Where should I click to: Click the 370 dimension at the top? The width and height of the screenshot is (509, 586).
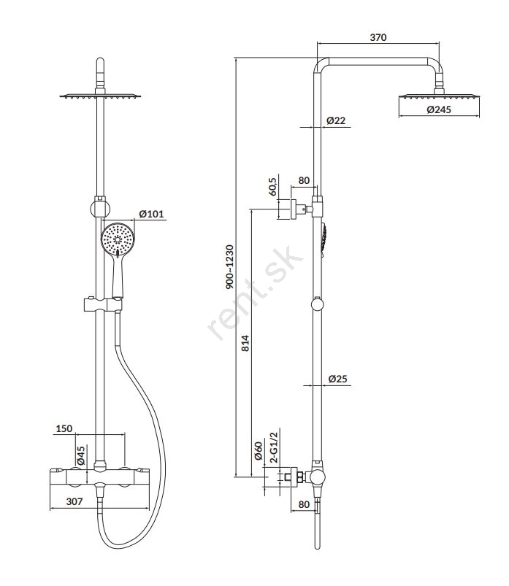coord(378,37)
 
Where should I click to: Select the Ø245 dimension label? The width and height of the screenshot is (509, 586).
coord(440,110)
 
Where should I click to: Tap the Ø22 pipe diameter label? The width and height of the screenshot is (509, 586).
coord(336,120)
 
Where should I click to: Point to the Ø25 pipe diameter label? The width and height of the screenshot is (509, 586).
coord(337,379)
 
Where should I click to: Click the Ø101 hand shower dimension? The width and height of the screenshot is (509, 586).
coord(152,214)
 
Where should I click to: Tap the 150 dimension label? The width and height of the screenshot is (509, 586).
coord(64,429)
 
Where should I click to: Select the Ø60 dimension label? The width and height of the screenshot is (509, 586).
coord(258,451)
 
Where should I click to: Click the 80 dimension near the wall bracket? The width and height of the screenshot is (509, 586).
coord(304,180)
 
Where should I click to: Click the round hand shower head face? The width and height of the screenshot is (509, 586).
coord(117,241)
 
